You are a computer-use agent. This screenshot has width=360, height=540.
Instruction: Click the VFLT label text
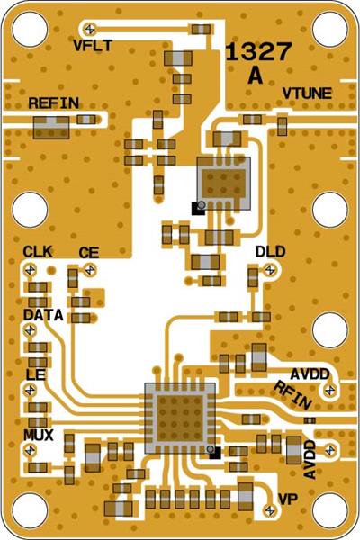click(93, 46)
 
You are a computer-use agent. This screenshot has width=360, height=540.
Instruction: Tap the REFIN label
click(54, 103)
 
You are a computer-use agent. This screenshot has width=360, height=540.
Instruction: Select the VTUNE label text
click(307, 94)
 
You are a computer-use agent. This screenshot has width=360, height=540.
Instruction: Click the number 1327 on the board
click(257, 52)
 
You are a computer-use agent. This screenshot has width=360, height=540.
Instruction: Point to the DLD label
click(270, 251)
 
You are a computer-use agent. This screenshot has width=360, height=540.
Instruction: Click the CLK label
click(38, 251)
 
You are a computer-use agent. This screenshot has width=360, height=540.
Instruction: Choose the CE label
click(88, 254)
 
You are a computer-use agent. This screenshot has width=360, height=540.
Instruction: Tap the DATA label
click(42, 316)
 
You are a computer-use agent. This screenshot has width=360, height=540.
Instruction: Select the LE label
click(35, 373)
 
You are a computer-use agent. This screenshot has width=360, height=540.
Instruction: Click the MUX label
click(38, 435)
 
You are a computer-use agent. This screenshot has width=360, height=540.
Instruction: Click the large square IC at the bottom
click(180, 416)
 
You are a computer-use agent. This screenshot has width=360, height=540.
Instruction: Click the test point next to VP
click(267, 509)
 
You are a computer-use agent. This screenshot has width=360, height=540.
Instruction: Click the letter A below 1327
click(256, 76)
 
